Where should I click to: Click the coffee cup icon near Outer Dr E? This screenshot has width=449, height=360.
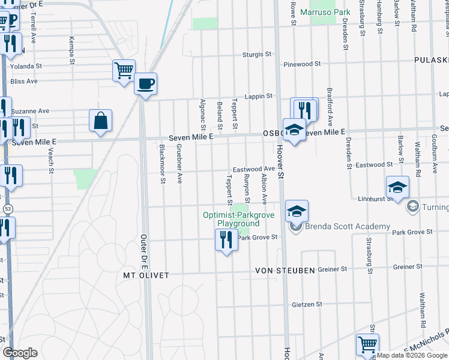(x=145, y=83)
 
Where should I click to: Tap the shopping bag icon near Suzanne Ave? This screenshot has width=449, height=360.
(x=100, y=120)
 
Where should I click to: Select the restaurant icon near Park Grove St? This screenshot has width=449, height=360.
(x=226, y=240)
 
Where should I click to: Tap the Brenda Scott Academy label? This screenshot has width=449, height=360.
(x=348, y=227)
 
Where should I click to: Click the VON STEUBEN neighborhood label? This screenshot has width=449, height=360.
(x=286, y=271)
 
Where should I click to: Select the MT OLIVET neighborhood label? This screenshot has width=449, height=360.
(x=145, y=275)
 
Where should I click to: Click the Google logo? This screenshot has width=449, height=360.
(x=20, y=353)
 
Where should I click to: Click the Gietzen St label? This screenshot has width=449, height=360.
(x=306, y=304)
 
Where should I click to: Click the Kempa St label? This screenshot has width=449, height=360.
(x=71, y=50)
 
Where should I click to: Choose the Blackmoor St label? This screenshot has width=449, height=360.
(x=163, y=163)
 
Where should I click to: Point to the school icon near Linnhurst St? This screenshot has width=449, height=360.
(x=397, y=187)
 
